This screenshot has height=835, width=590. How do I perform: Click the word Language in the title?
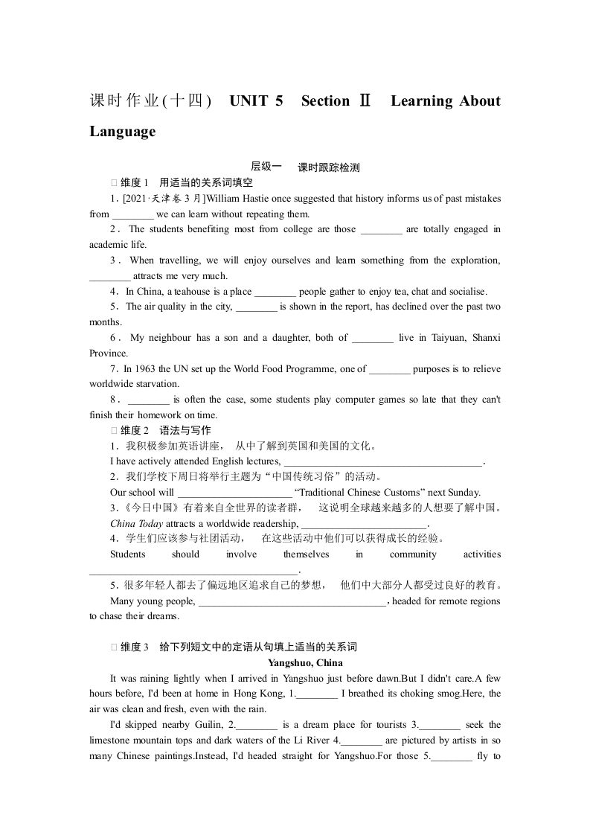[x=123, y=132]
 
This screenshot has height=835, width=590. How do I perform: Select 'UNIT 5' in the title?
[x=257, y=101]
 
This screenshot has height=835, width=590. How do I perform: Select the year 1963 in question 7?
[x=146, y=369]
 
